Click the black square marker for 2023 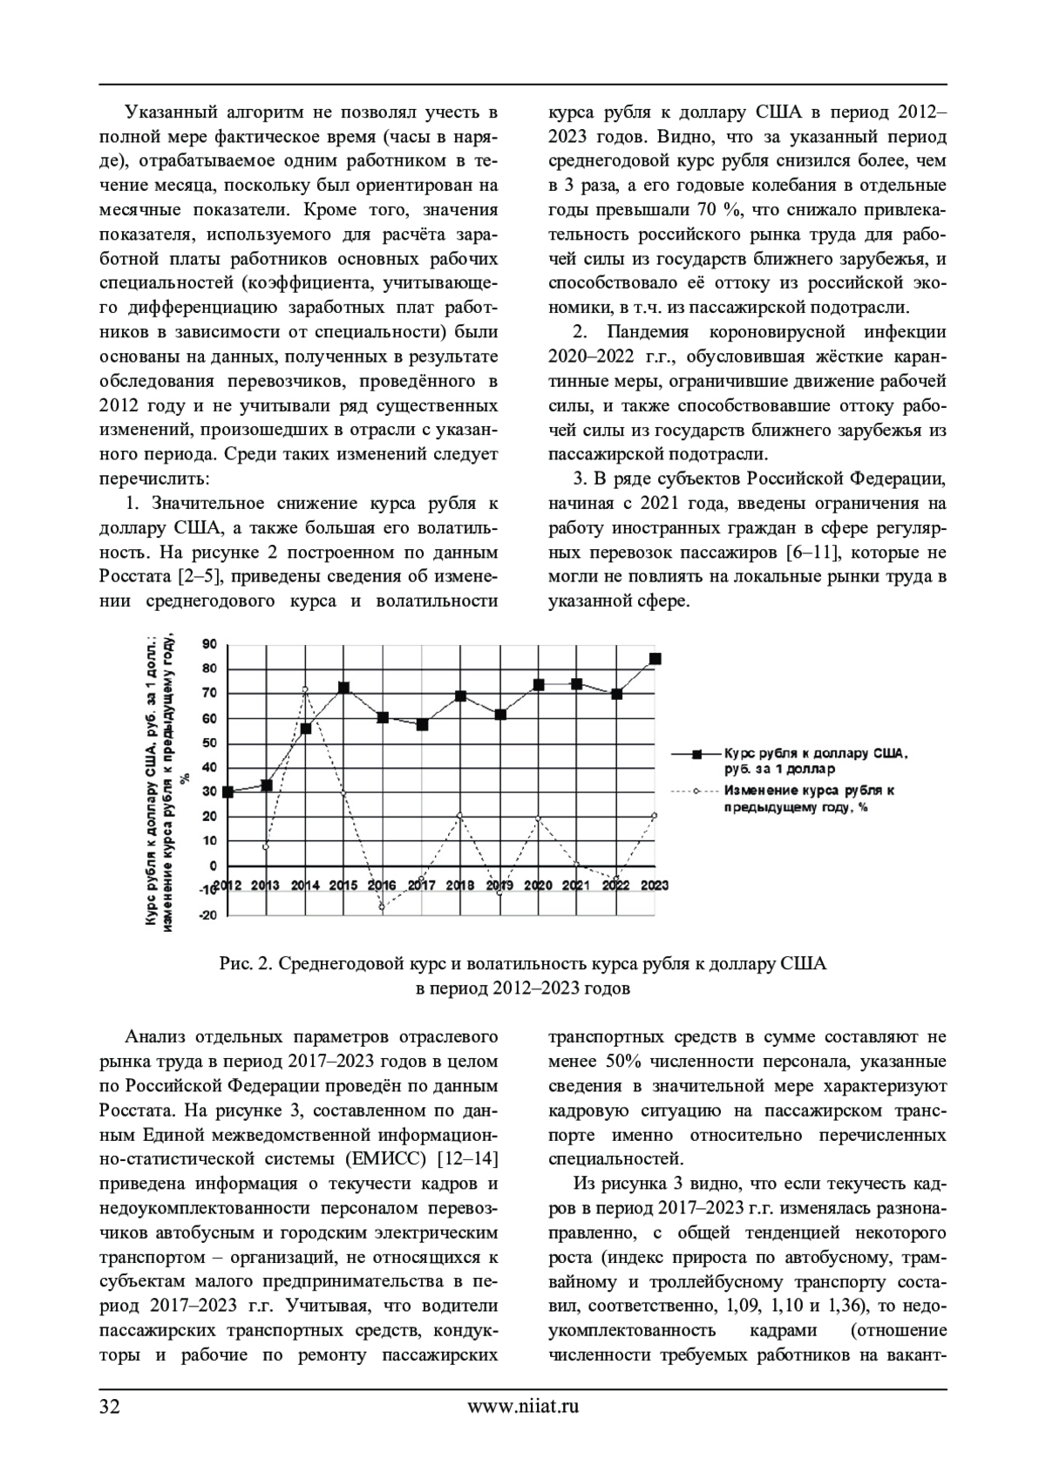pos(655,659)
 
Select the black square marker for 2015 pos(344,688)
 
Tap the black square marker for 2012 pos(228,792)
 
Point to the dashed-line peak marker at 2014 pos(306,689)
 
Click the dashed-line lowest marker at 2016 pos(382,907)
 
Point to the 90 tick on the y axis pos(209,644)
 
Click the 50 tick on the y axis pos(209,743)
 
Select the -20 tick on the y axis pos(207,915)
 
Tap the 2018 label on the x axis pos(460,886)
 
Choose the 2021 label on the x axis pos(577,886)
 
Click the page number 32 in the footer pos(111,1406)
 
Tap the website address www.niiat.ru pos(523,1406)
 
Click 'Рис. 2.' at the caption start pos(248,964)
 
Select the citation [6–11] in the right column pos(814,553)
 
